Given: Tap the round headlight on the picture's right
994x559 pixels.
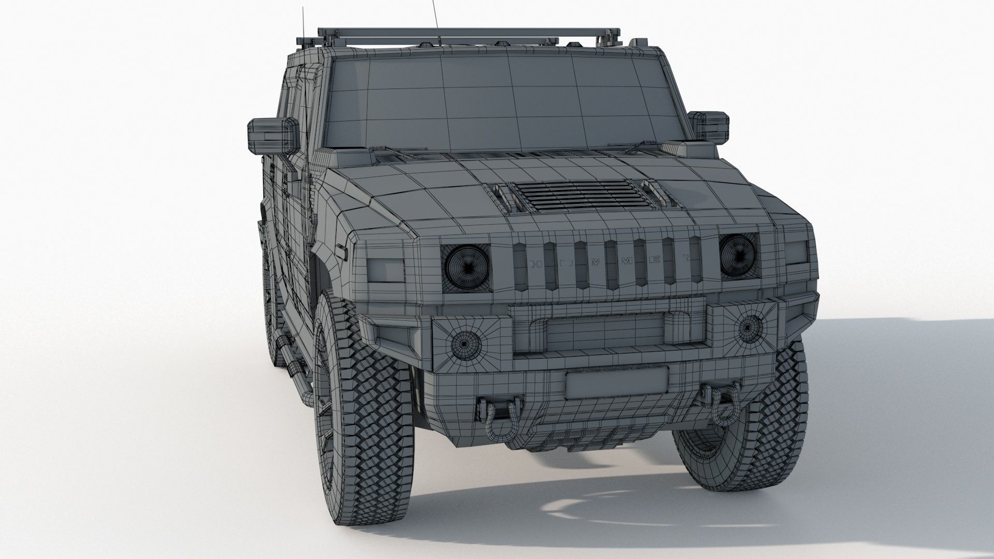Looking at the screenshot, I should pos(738,256).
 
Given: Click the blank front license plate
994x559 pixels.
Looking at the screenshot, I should pos(617,383).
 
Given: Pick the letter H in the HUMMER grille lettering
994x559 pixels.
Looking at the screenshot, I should pos(536,265).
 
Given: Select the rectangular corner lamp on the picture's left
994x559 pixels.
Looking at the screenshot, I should pos(386,270).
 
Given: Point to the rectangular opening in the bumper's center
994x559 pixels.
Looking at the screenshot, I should pos(605,331).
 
